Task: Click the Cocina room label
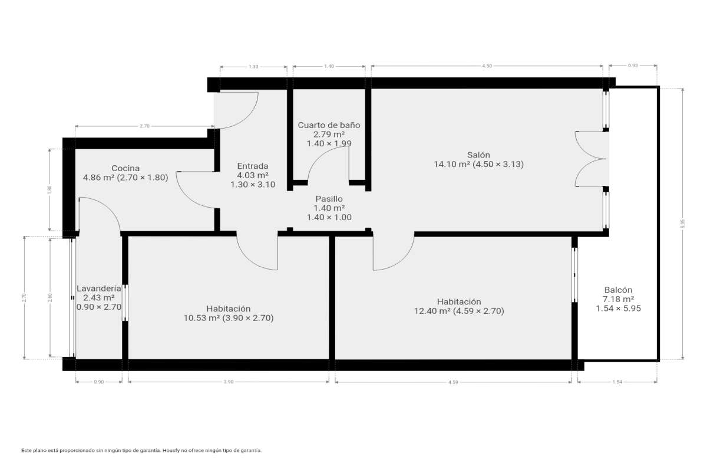pyautogui.click(x=125, y=168)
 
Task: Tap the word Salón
pyautogui.click(x=478, y=155)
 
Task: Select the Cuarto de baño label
pyautogui.click(x=329, y=125)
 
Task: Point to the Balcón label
pyautogui.click(x=618, y=290)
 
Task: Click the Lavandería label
pyautogui.click(x=99, y=289)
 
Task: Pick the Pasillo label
pyautogui.click(x=329, y=199)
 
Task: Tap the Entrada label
pyautogui.click(x=253, y=166)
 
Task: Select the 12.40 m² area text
pyautogui.click(x=432, y=311)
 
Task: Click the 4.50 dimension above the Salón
pyautogui.click(x=487, y=66)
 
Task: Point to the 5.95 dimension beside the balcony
pyautogui.click(x=683, y=224)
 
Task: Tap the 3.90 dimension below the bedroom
pyautogui.click(x=229, y=382)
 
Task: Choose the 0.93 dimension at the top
pyautogui.click(x=633, y=65)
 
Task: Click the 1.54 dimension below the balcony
pyautogui.click(x=617, y=382)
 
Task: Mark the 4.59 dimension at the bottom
pyautogui.click(x=453, y=382)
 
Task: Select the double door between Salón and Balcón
pyautogui.click(x=591, y=159)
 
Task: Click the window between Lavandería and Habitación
pyautogui.click(x=125, y=303)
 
